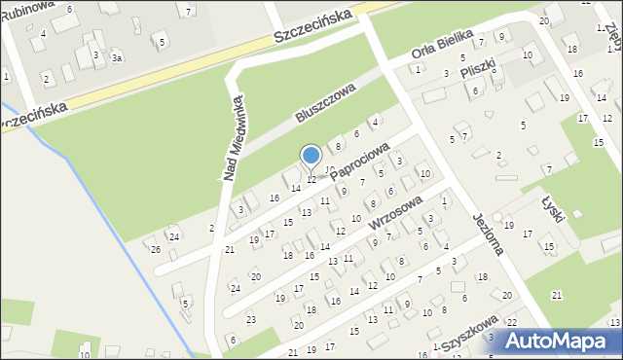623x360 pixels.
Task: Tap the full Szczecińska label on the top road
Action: pos(311,29)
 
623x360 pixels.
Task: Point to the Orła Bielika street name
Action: pos(442,45)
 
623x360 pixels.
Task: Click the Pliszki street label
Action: pos(480,68)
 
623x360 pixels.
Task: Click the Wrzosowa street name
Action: pos(395,211)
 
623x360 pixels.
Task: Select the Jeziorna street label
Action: pos(486,234)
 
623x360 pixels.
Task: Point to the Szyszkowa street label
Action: pos(469,335)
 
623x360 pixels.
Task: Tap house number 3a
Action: pos(116,58)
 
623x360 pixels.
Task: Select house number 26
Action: pos(156,249)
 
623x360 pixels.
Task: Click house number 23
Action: pos(250,319)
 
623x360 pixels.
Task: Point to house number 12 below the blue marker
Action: pos(311,179)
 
